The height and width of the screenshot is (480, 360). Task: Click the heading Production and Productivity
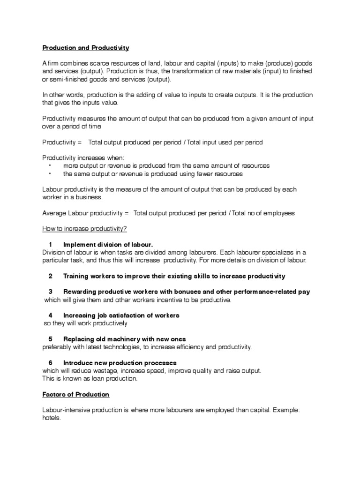(x=85, y=48)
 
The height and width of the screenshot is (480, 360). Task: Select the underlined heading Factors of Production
(x=75, y=394)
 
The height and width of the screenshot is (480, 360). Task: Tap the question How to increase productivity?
(x=84, y=229)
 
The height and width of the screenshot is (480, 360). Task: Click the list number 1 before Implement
(x=50, y=245)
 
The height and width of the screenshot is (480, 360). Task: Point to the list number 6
(x=50, y=363)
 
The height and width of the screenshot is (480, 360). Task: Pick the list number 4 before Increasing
(x=50, y=315)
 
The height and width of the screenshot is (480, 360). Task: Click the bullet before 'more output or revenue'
(x=50, y=166)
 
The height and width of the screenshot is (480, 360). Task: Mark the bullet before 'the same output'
(x=50, y=174)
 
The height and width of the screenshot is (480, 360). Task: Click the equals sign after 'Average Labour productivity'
(x=126, y=213)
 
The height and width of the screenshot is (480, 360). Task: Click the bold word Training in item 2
(x=76, y=276)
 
